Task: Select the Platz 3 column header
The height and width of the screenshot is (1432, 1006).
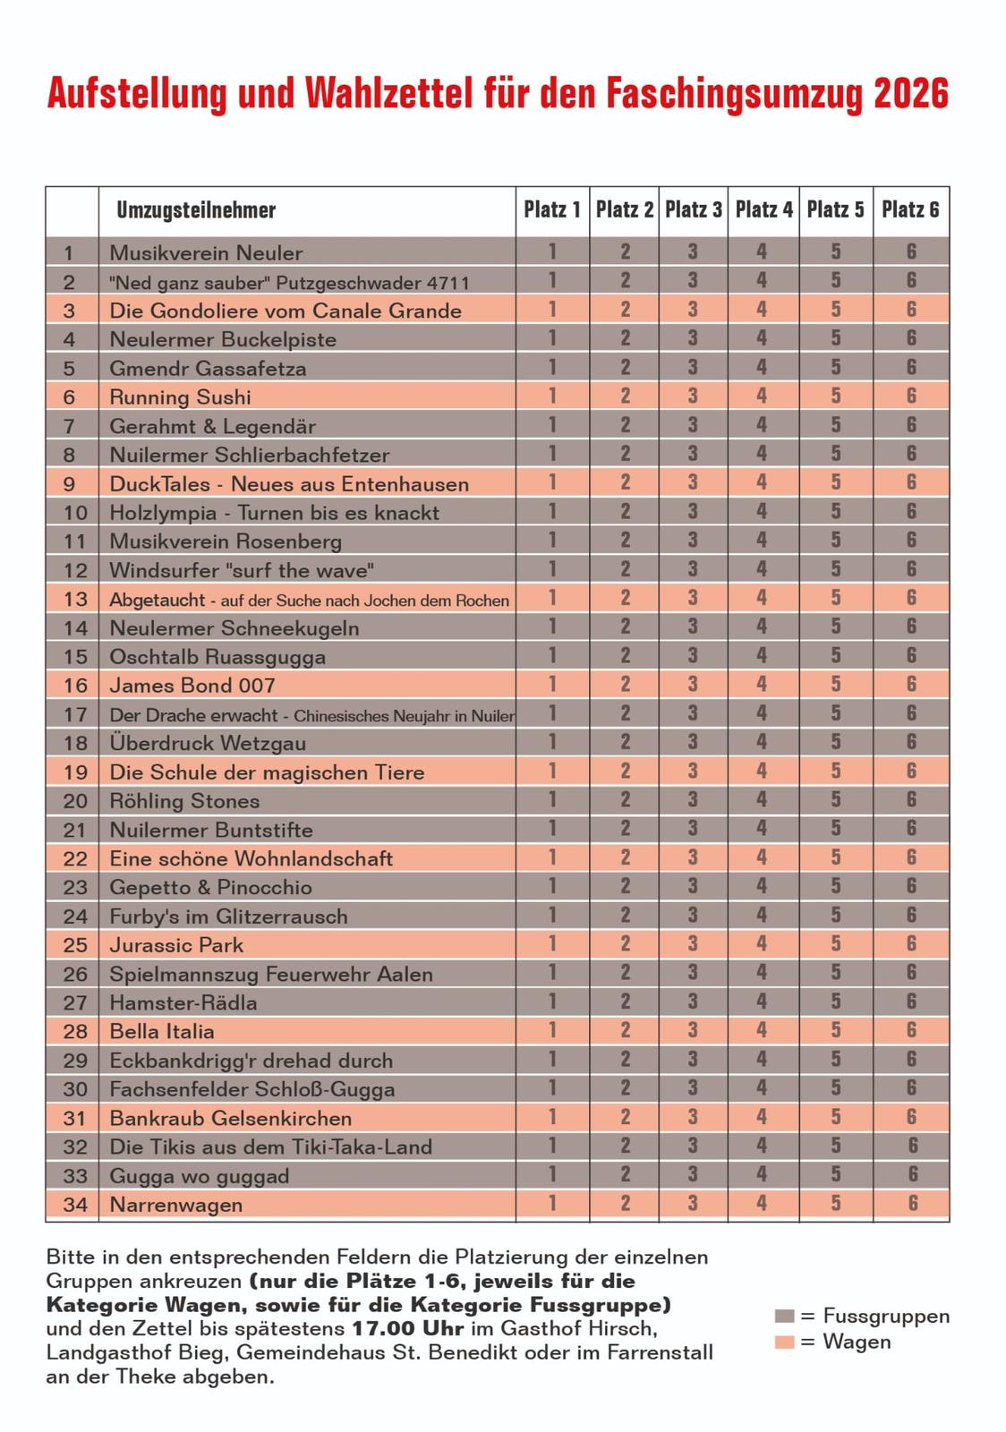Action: pyautogui.click(x=693, y=209)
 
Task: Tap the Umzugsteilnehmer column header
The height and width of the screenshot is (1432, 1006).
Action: pyautogui.click(x=196, y=210)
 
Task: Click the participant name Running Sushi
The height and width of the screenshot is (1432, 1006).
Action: pyautogui.click(x=180, y=397)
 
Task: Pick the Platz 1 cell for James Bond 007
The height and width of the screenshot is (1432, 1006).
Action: pyautogui.click(x=552, y=685)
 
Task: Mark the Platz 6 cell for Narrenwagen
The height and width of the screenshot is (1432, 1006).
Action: pyautogui.click(x=911, y=1204)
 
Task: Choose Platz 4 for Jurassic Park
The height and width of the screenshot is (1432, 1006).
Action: pyautogui.click(x=762, y=944)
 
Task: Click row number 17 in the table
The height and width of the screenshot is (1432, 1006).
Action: pyautogui.click(x=75, y=714)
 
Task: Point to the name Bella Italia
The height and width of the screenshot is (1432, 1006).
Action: pyautogui.click(x=162, y=1031)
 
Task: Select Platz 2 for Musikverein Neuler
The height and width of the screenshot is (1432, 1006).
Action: pyautogui.click(x=625, y=252)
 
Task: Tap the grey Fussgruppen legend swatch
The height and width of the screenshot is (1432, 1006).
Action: pyautogui.click(x=784, y=1316)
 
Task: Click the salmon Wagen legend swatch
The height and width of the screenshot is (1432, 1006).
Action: pyautogui.click(x=784, y=1342)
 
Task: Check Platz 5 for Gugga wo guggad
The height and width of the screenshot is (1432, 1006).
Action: pyautogui.click(x=835, y=1174)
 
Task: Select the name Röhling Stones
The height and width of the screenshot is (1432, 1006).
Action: pyautogui.click(x=184, y=801)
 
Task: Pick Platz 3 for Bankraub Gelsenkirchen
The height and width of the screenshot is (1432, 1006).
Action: pyautogui.click(x=693, y=1117)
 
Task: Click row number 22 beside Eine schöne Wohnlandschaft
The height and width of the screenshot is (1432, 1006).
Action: pyautogui.click(x=75, y=858)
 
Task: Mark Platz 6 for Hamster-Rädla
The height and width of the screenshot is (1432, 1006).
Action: pyautogui.click(x=911, y=1002)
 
